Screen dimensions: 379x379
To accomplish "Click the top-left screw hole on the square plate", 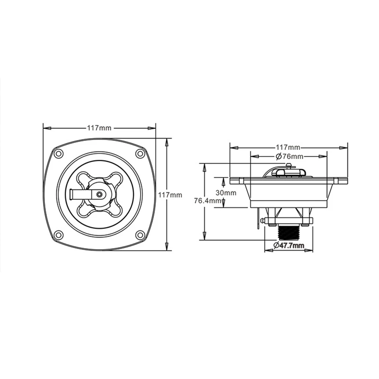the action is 58,153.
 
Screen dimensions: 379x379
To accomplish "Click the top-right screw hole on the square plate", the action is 139,153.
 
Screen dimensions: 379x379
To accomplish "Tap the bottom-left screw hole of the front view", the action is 58,234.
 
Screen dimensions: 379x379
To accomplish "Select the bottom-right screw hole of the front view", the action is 139,234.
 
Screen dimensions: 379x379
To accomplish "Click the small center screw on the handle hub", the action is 99,194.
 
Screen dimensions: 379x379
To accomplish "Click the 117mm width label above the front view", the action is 99,128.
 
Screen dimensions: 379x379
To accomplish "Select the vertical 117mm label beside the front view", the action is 170,195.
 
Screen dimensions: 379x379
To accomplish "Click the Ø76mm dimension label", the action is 289,157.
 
